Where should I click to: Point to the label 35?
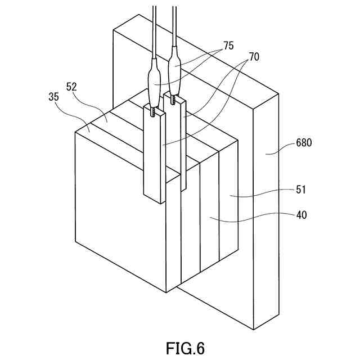[x=54, y=97]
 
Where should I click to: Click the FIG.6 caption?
[x=185, y=347]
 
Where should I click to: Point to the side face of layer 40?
[x=209, y=219]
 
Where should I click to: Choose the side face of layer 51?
[x=227, y=202]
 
